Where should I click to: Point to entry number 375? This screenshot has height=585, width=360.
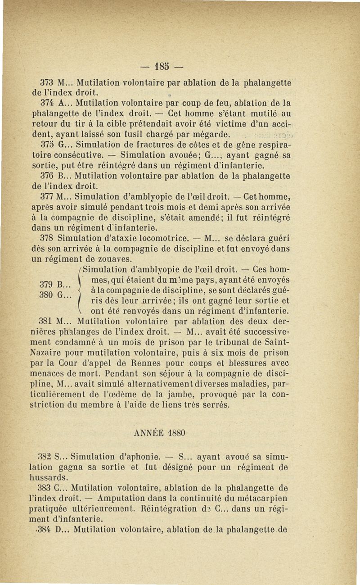tap(47, 145)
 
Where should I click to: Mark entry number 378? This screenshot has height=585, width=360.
tap(47, 238)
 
